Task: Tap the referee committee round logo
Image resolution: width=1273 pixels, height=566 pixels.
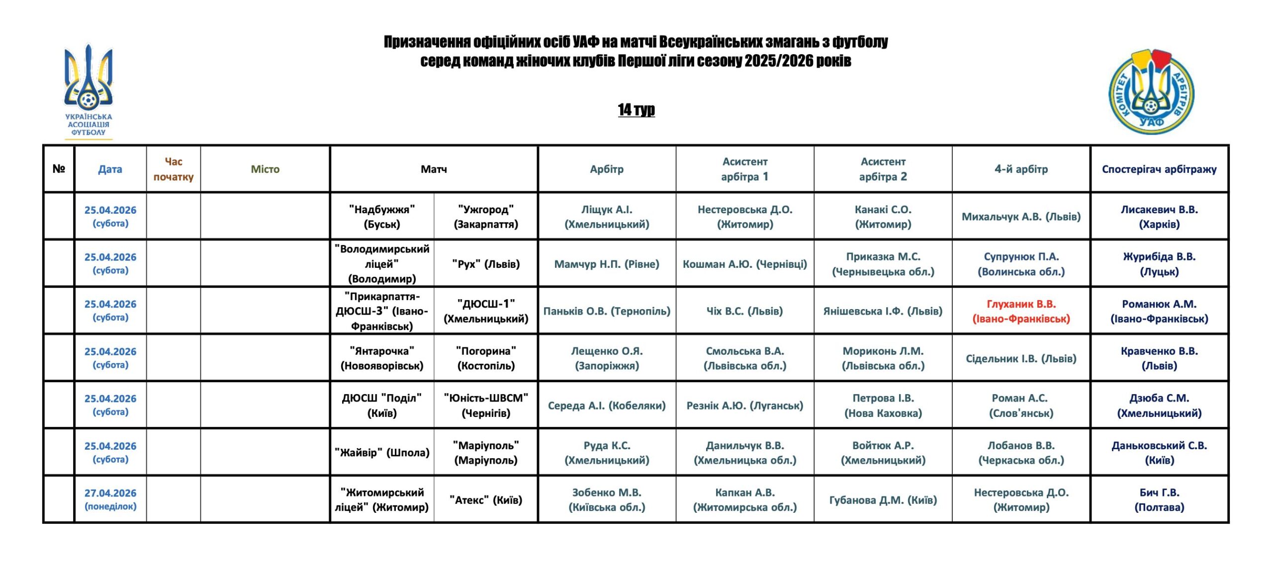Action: tap(1151, 92)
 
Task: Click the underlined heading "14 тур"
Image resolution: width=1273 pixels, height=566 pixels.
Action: tap(636, 109)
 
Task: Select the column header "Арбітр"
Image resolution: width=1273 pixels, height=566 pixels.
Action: tap(607, 169)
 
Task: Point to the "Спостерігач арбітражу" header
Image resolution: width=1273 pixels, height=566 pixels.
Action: tap(1159, 169)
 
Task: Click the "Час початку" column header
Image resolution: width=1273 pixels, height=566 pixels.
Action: tap(173, 169)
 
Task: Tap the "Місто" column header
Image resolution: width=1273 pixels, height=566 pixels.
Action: tap(265, 169)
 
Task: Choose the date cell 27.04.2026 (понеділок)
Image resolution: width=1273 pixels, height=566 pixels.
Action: tap(110, 499)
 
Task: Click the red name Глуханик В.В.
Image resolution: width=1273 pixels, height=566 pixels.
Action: tap(1021, 311)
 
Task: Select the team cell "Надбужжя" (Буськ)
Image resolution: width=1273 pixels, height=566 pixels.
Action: tap(382, 217)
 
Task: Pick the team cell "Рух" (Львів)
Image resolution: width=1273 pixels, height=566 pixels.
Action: tap(486, 264)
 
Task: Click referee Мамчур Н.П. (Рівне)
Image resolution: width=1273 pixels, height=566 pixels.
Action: tap(607, 264)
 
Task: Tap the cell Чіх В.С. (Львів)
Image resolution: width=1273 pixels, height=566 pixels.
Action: tap(744, 311)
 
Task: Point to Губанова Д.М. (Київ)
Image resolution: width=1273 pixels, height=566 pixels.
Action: tap(883, 500)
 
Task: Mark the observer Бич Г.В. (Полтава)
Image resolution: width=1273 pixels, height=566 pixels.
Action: tap(1159, 500)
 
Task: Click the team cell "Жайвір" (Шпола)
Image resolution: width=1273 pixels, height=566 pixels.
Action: tap(382, 453)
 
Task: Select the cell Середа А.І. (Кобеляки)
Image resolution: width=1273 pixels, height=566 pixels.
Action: tap(607, 405)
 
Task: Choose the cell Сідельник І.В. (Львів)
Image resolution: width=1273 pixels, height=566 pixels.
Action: tap(1021, 358)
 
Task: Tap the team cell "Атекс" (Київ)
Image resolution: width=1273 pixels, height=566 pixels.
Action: tap(486, 500)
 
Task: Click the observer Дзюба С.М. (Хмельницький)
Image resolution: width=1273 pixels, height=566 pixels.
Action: tap(1159, 405)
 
